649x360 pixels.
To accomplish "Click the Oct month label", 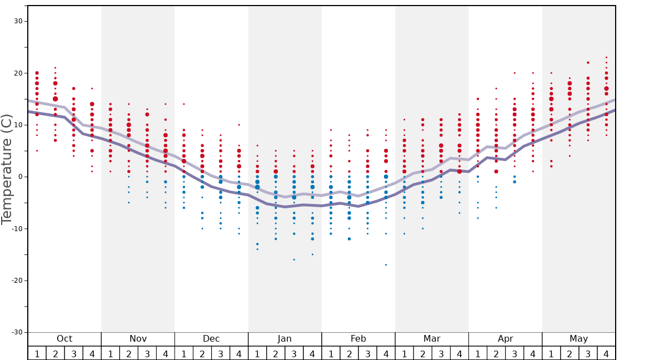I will (x=64, y=339).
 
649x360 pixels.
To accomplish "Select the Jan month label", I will (x=284, y=339).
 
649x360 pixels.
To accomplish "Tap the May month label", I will (x=578, y=339).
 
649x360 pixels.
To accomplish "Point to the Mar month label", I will (x=432, y=339).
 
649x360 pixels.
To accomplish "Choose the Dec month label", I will (x=211, y=339).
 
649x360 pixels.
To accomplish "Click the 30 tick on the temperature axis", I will (x=18, y=21).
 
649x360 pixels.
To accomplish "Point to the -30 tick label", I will (x=16, y=332).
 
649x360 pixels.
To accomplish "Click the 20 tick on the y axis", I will (x=18, y=73).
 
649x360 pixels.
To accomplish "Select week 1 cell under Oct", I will (x=37, y=353).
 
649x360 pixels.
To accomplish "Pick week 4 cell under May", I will (x=606, y=353).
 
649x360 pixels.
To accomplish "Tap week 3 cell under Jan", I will (x=294, y=353).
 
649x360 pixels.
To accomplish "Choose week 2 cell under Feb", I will (x=349, y=353).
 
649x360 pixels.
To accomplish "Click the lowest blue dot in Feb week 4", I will (x=386, y=264).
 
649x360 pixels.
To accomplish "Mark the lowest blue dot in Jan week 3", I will (x=294, y=259).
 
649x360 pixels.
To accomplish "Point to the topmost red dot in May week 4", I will (x=606, y=57).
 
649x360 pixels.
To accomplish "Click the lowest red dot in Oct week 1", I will (x=37, y=151).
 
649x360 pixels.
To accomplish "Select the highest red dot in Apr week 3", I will (x=515, y=73).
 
